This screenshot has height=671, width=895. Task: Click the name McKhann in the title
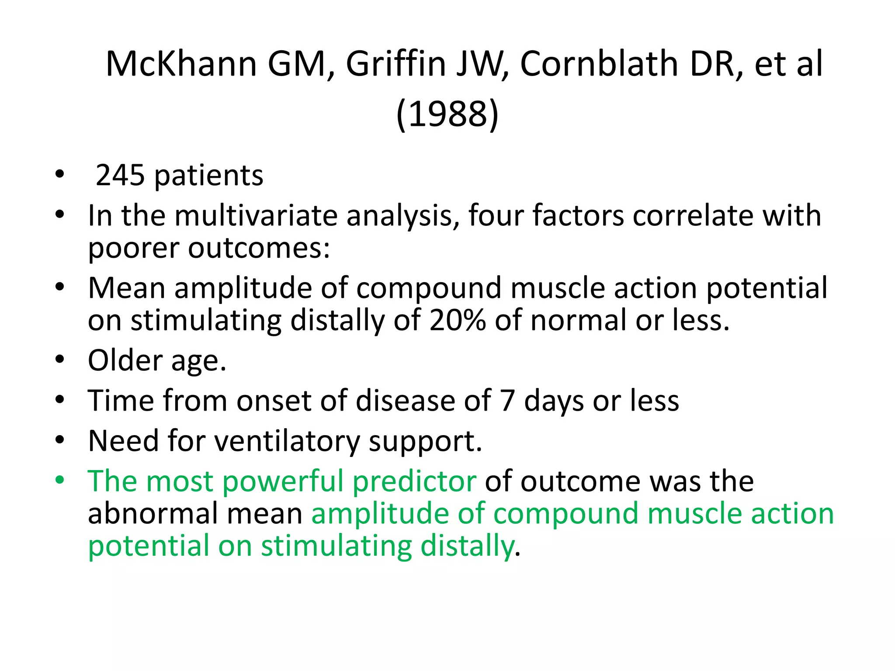181,64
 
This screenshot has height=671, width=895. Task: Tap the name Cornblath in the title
597,64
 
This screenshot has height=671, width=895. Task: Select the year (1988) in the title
447,114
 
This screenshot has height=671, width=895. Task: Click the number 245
120,176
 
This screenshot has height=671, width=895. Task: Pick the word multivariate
256,215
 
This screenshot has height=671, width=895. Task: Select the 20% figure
457,320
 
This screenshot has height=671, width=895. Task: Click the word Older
125,360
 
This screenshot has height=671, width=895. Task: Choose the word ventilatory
287,441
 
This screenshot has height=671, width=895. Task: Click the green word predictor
414,481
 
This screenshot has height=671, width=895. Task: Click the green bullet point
60,481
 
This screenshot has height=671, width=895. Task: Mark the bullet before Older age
60,360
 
